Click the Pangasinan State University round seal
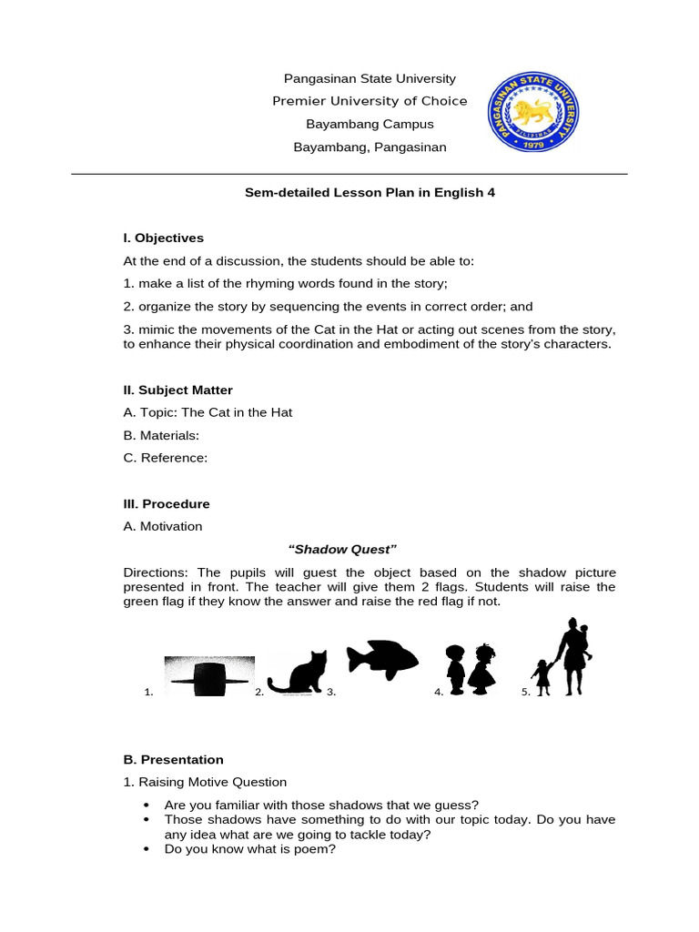coord(533,113)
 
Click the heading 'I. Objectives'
coord(164,238)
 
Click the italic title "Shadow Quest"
coord(342,549)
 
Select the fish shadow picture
coord(381,659)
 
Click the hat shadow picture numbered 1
coord(208,676)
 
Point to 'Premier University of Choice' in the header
coord(370,101)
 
